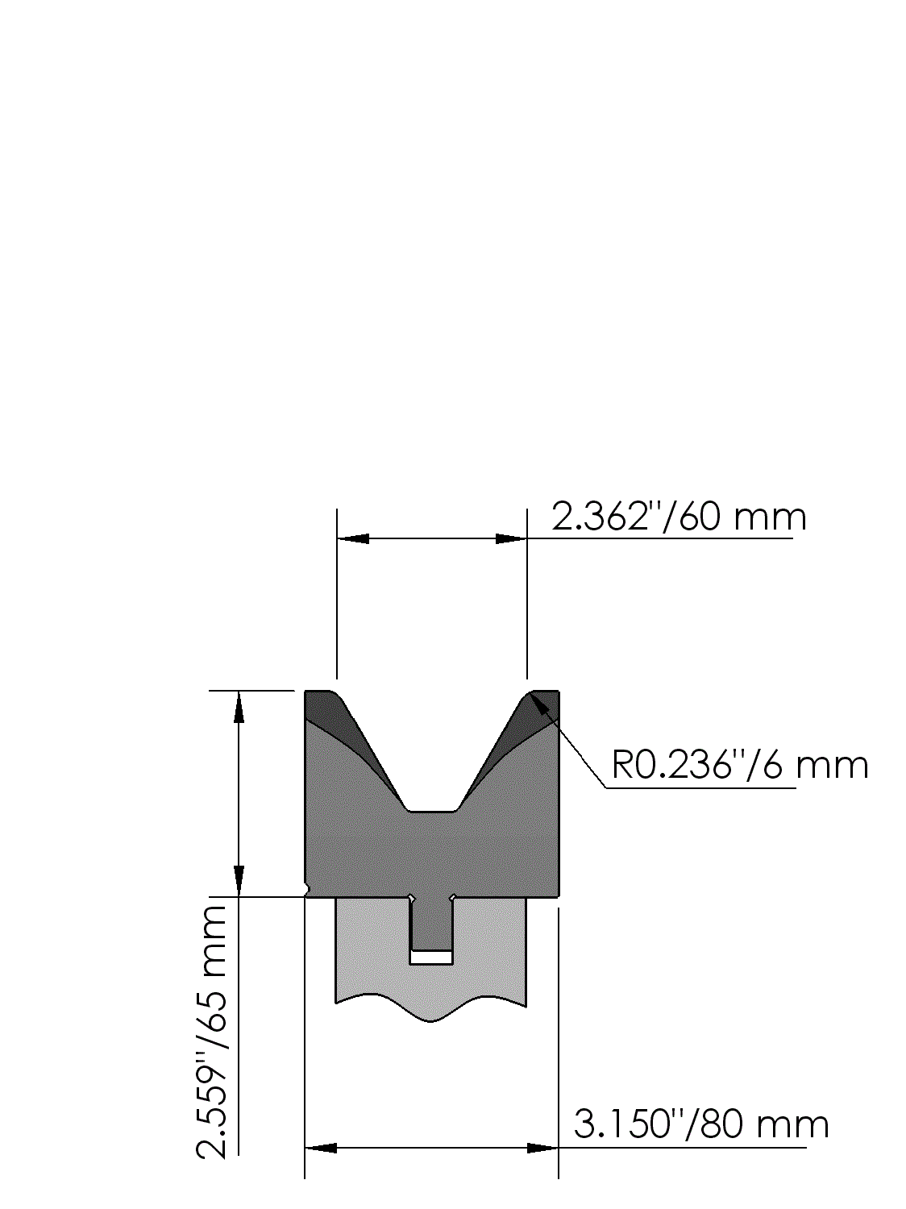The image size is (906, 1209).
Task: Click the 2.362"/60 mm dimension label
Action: point(679,517)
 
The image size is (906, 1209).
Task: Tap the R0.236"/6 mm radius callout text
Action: point(740,766)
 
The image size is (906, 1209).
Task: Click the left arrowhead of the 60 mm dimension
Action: point(353,538)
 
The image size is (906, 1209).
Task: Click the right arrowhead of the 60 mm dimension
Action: point(511,538)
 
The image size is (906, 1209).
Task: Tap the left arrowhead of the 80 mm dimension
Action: point(321,1148)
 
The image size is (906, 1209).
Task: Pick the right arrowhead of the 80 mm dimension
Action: point(542,1148)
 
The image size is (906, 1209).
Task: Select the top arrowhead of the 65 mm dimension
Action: point(239,706)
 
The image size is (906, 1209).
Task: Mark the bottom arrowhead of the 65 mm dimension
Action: point(239,881)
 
